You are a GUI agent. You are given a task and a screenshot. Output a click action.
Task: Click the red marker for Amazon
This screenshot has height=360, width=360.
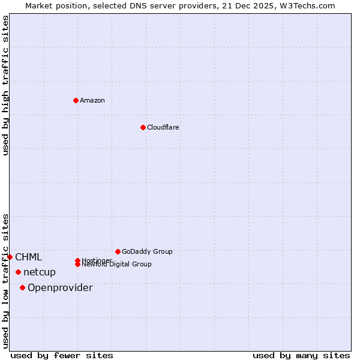(76, 100)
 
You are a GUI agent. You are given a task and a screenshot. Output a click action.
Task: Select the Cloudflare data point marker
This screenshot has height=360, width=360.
(143, 127)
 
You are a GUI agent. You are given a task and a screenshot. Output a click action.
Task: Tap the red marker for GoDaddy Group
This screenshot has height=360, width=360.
(118, 251)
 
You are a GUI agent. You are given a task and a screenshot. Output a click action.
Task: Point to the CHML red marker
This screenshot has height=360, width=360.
(10, 257)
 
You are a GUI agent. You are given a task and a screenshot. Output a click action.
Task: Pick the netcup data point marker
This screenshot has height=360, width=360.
(18, 272)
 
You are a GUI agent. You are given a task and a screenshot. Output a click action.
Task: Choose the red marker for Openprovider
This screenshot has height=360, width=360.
(22, 287)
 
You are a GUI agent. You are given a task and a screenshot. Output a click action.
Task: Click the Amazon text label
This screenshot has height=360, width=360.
(92, 100)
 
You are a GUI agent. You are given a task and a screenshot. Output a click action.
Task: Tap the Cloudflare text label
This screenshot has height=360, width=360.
(163, 127)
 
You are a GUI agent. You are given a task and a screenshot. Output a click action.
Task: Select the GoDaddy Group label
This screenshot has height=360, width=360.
(147, 251)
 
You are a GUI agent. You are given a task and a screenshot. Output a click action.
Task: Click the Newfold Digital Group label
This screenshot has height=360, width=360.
(116, 265)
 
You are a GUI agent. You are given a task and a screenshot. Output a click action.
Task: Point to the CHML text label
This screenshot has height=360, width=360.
(29, 257)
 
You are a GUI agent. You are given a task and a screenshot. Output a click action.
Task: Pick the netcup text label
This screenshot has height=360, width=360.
(40, 272)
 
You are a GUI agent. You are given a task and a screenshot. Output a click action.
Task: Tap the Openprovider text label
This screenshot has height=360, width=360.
(60, 288)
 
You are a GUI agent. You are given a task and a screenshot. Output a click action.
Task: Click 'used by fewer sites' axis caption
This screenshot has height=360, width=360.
(62, 355)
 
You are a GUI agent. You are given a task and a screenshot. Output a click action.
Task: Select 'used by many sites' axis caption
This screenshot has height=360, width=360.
(301, 355)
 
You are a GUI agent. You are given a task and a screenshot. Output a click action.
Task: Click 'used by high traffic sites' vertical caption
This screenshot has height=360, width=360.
(5, 85)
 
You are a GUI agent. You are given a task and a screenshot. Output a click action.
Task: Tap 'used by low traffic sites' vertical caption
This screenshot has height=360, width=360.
(5, 280)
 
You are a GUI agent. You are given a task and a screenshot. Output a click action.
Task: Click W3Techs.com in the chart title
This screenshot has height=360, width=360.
(305, 5)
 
